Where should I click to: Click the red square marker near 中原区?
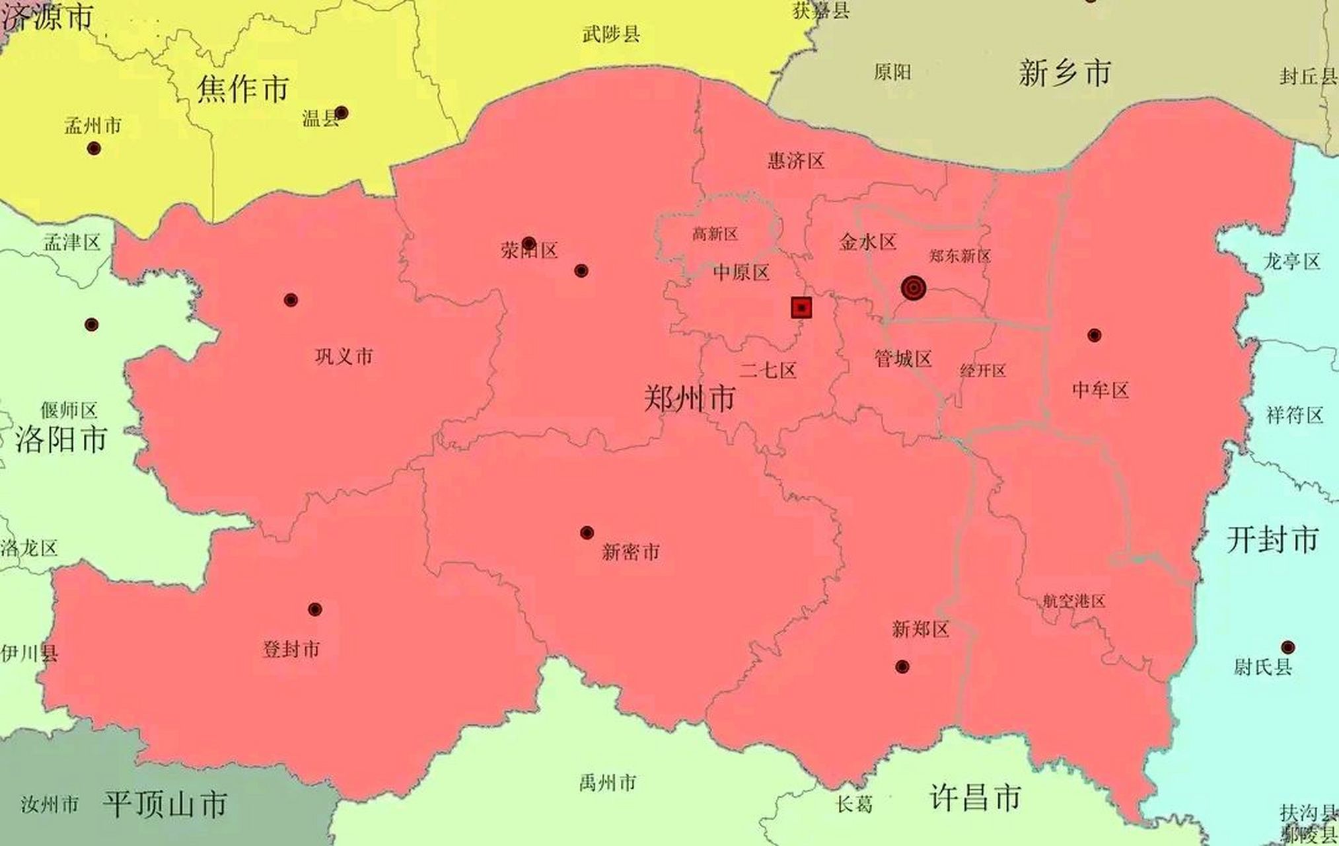[x=801, y=307]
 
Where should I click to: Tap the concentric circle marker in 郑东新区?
[x=913, y=288]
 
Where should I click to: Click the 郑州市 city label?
[x=689, y=399]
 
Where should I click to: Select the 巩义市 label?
[x=344, y=357]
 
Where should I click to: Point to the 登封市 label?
[x=291, y=649]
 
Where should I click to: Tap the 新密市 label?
[x=631, y=552]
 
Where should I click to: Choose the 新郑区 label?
[x=920, y=629]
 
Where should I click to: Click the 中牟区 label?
[x=1101, y=390]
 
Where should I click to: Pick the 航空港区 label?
[x=1074, y=601]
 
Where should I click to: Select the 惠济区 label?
[x=796, y=161]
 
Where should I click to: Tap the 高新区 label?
[x=715, y=234]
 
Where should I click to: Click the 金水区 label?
[x=867, y=242]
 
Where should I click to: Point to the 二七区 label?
[x=768, y=369]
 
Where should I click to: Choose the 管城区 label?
[x=903, y=359]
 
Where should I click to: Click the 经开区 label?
[x=983, y=371]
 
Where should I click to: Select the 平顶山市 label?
[x=164, y=804]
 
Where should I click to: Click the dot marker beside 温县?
[x=342, y=112]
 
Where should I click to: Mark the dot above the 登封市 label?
[x=315, y=609]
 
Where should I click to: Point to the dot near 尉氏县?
[x=1287, y=646]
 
